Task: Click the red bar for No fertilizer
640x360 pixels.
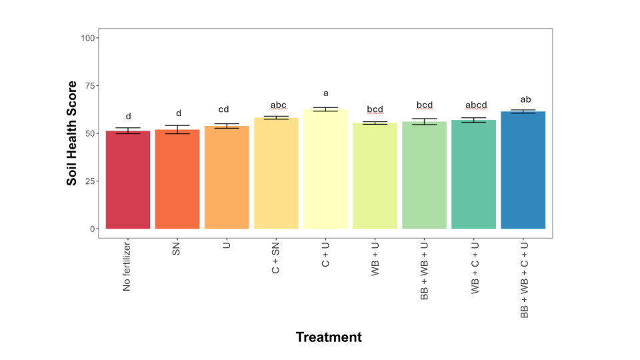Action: point(128,180)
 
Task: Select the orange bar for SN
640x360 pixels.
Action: point(177,180)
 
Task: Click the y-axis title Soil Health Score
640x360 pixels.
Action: point(72,133)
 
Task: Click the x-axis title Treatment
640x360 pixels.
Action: point(329,337)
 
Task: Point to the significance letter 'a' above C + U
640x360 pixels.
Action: point(326,93)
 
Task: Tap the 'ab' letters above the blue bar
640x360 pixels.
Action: point(525,99)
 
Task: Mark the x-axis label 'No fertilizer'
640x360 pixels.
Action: point(127,267)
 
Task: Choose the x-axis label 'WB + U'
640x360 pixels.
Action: point(375,259)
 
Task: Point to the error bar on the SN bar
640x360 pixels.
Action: point(177,129)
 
